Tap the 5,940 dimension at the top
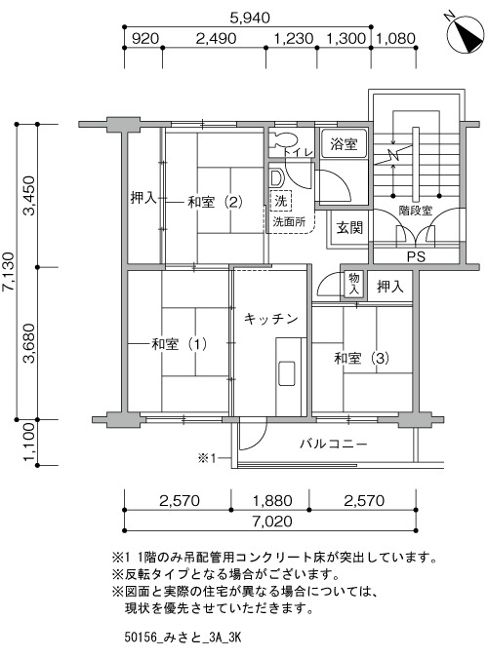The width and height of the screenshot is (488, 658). (x=250, y=18)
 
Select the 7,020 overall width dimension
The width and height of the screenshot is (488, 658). (x=272, y=522)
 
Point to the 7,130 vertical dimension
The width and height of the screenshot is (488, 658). (x=9, y=272)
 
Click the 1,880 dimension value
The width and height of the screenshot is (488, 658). (x=272, y=500)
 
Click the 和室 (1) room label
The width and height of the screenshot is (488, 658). (x=179, y=344)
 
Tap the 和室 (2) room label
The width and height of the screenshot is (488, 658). (x=215, y=202)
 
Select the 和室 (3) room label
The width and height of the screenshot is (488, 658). (x=361, y=359)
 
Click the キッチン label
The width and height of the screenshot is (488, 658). (x=271, y=319)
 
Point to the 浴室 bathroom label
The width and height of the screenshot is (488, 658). (x=344, y=144)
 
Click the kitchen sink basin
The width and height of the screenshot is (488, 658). (x=287, y=372)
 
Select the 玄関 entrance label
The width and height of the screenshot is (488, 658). (x=349, y=228)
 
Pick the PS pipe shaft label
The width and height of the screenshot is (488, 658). (x=416, y=256)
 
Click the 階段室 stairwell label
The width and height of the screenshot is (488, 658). (x=415, y=211)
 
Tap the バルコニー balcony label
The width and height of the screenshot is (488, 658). (x=334, y=444)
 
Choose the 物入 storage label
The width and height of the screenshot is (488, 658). (x=354, y=284)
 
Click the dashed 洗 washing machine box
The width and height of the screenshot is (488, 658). (x=281, y=201)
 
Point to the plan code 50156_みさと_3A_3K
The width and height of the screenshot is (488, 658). (x=183, y=639)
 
